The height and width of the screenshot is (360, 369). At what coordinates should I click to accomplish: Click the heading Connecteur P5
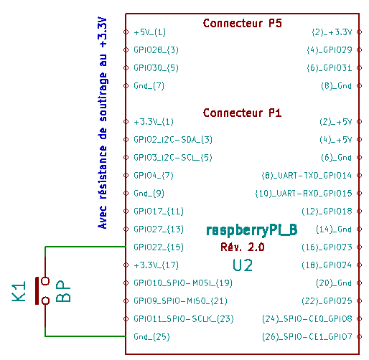(x=242, y=24)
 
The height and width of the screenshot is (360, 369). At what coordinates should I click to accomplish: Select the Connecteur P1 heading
(x=242, y=113)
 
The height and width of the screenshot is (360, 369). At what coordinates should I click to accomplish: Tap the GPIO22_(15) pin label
(x=159, y=247)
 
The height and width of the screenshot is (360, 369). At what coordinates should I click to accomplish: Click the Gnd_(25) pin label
(x=151, y=337)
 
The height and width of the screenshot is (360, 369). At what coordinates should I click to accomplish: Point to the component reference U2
(x=243, y=265)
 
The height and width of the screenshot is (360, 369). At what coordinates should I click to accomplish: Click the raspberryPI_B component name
(x=252, y=230)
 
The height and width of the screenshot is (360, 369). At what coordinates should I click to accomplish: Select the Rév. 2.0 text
(x=243, y=247)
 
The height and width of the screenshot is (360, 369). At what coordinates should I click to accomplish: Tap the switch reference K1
(x=19, y=291)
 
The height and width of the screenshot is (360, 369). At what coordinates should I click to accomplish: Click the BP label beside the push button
(x=63, y=291)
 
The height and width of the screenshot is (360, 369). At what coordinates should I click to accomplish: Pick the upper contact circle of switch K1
(x=45, y=281)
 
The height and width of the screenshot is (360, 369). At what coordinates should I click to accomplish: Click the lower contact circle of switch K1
(x=45, y=300)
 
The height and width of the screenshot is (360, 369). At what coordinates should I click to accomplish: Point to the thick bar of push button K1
(x=37, y=291)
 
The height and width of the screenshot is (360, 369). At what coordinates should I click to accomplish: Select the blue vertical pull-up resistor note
(x=103, y=123)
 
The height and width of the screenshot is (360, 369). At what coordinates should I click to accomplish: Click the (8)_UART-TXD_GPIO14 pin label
(x=307, y=176)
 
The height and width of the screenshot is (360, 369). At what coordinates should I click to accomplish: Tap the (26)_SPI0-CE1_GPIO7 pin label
(x=307, y=337)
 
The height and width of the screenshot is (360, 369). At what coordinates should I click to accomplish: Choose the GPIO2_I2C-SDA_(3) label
(x=173, y=140)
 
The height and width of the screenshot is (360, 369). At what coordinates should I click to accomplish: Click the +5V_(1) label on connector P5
(x=150, y=32)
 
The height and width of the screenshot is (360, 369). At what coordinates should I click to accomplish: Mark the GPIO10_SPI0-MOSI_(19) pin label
(x=183, y=283)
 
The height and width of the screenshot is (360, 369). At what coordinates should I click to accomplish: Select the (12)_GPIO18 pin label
(x=327, y=212)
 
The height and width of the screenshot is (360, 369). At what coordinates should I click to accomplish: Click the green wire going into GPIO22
(x=85, y=247)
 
